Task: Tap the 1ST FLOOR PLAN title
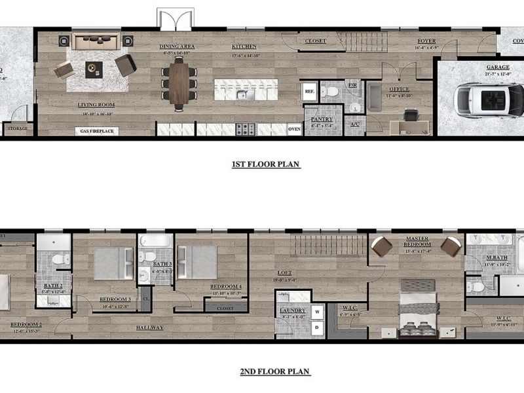click(x=266, y=164)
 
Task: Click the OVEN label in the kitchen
click(x=295, y=129)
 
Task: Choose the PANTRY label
click(x=322, y=119)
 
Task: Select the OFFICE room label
click(x=399, y=89)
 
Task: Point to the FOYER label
click(x=426, y=41)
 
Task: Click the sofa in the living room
click(x=96, y=42)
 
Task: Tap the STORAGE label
click(x=17, y=128)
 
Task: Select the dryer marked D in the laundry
click(x=317, y=326)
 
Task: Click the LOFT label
click(x=284, y=273)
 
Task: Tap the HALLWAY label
click(x=150, y=327)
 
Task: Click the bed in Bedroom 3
click(x=113, y=263)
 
